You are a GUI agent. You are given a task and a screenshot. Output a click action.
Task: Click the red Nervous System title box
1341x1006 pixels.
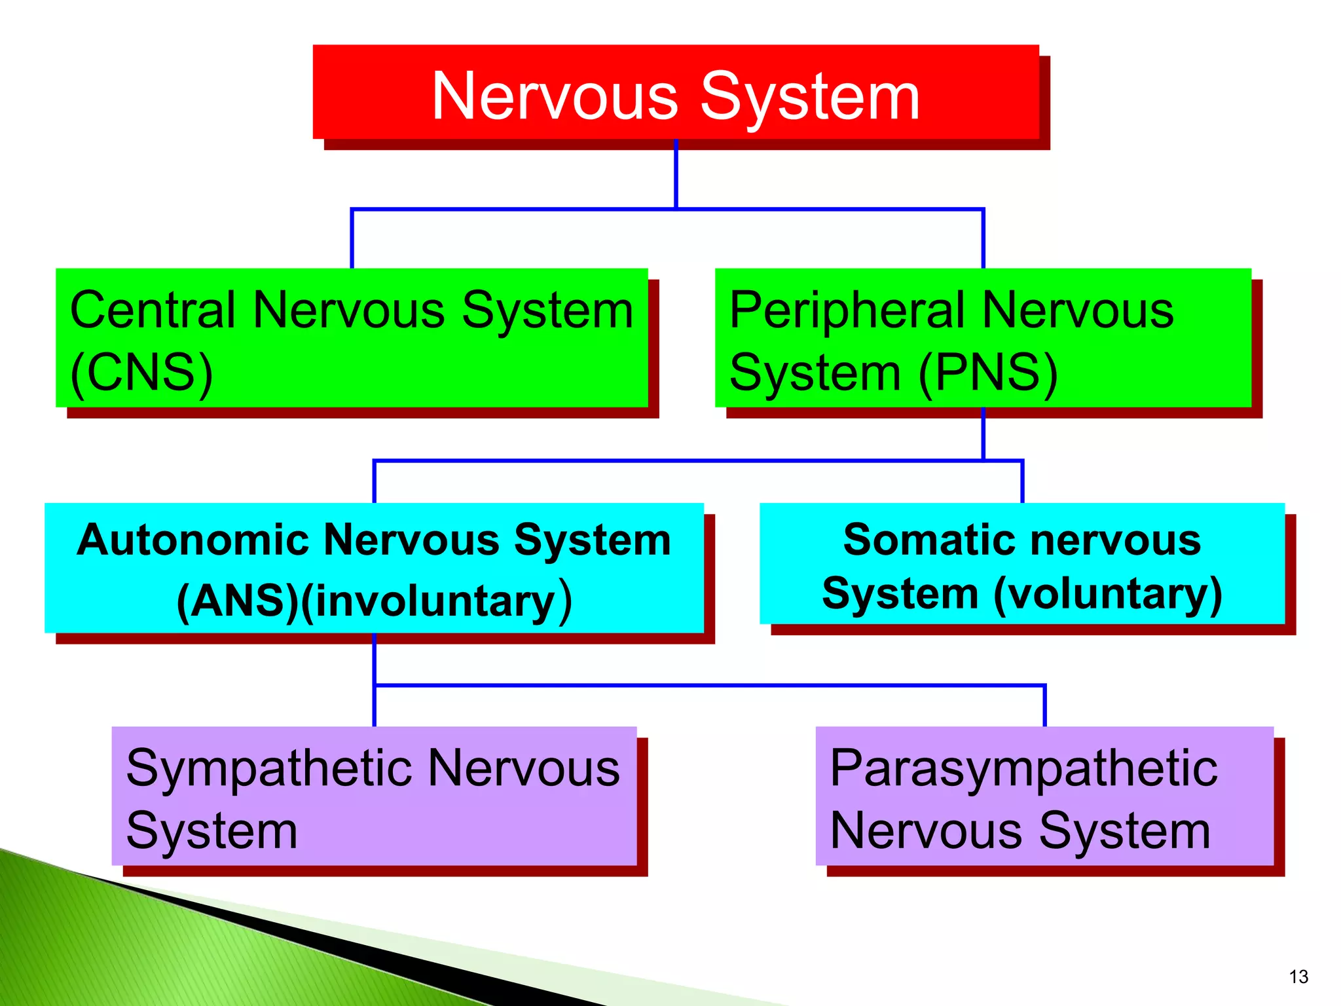pyautogui.click(x=676, y=93)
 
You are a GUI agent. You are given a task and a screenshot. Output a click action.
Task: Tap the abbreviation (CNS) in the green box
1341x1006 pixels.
pyautogui.click(x=141, y=372)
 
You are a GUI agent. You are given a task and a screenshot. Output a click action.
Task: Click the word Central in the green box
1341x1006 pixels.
pyautogui.click(x=152, y=310)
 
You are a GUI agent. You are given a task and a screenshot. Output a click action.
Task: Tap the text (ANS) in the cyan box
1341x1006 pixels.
pyautogui.click(x=238, y=601)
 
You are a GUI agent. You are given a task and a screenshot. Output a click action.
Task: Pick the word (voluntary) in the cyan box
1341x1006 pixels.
pyautogui.click(x=1107, y=594)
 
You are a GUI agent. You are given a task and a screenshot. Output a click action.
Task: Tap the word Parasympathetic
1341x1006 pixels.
pyautogui.click(x=1023, y=768)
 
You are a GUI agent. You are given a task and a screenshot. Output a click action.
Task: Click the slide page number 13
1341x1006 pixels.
pyautogui.click(x=1298, y=977)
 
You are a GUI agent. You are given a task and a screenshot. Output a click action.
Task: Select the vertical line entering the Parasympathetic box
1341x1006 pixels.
pyautogui.click(x=1044, y=706)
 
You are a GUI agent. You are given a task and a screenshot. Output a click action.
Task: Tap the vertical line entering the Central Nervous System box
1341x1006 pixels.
pyautogui.click(x=352, y=239)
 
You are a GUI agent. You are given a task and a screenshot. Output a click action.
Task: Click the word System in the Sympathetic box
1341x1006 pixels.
pyautogui.click(x=211, y=830)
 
